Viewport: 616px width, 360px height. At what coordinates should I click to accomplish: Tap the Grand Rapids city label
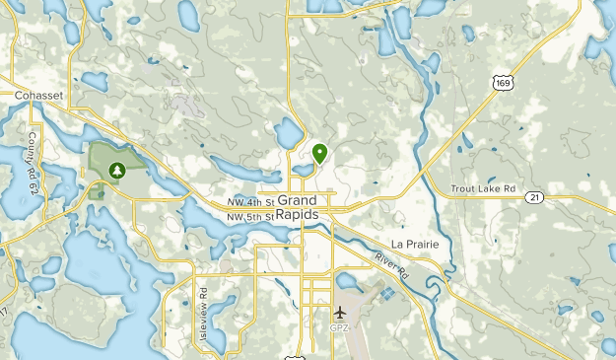pyautogui.click(x=298, y=207)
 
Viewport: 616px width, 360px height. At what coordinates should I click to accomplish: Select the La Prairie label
pyautogui.click(x=414, y=244)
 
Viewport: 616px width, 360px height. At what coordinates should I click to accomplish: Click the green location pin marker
pyautogui.click(x=319, y=153)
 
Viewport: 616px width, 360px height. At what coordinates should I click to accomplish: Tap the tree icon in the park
pyautogui.click(x=117, y=171)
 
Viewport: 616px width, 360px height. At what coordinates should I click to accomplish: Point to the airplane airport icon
pyautogui.click(x=340, y=314)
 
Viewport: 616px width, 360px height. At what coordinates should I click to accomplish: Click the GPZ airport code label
pyautogui.click(x=340, y=327)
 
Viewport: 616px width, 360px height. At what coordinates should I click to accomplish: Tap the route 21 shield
pyautogui.click(x=534, y=197)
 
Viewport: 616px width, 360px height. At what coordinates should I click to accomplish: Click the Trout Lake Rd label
pyautogui.click(x=483, y=188)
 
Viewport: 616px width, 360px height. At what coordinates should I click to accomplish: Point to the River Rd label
pyautogui.click(x=390, y=264)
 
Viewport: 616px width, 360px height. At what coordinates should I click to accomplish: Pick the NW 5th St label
pyautogui.click(x=247, y=216)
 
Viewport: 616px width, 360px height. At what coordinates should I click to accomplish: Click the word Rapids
pyautogui.click(x=298, y=214)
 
